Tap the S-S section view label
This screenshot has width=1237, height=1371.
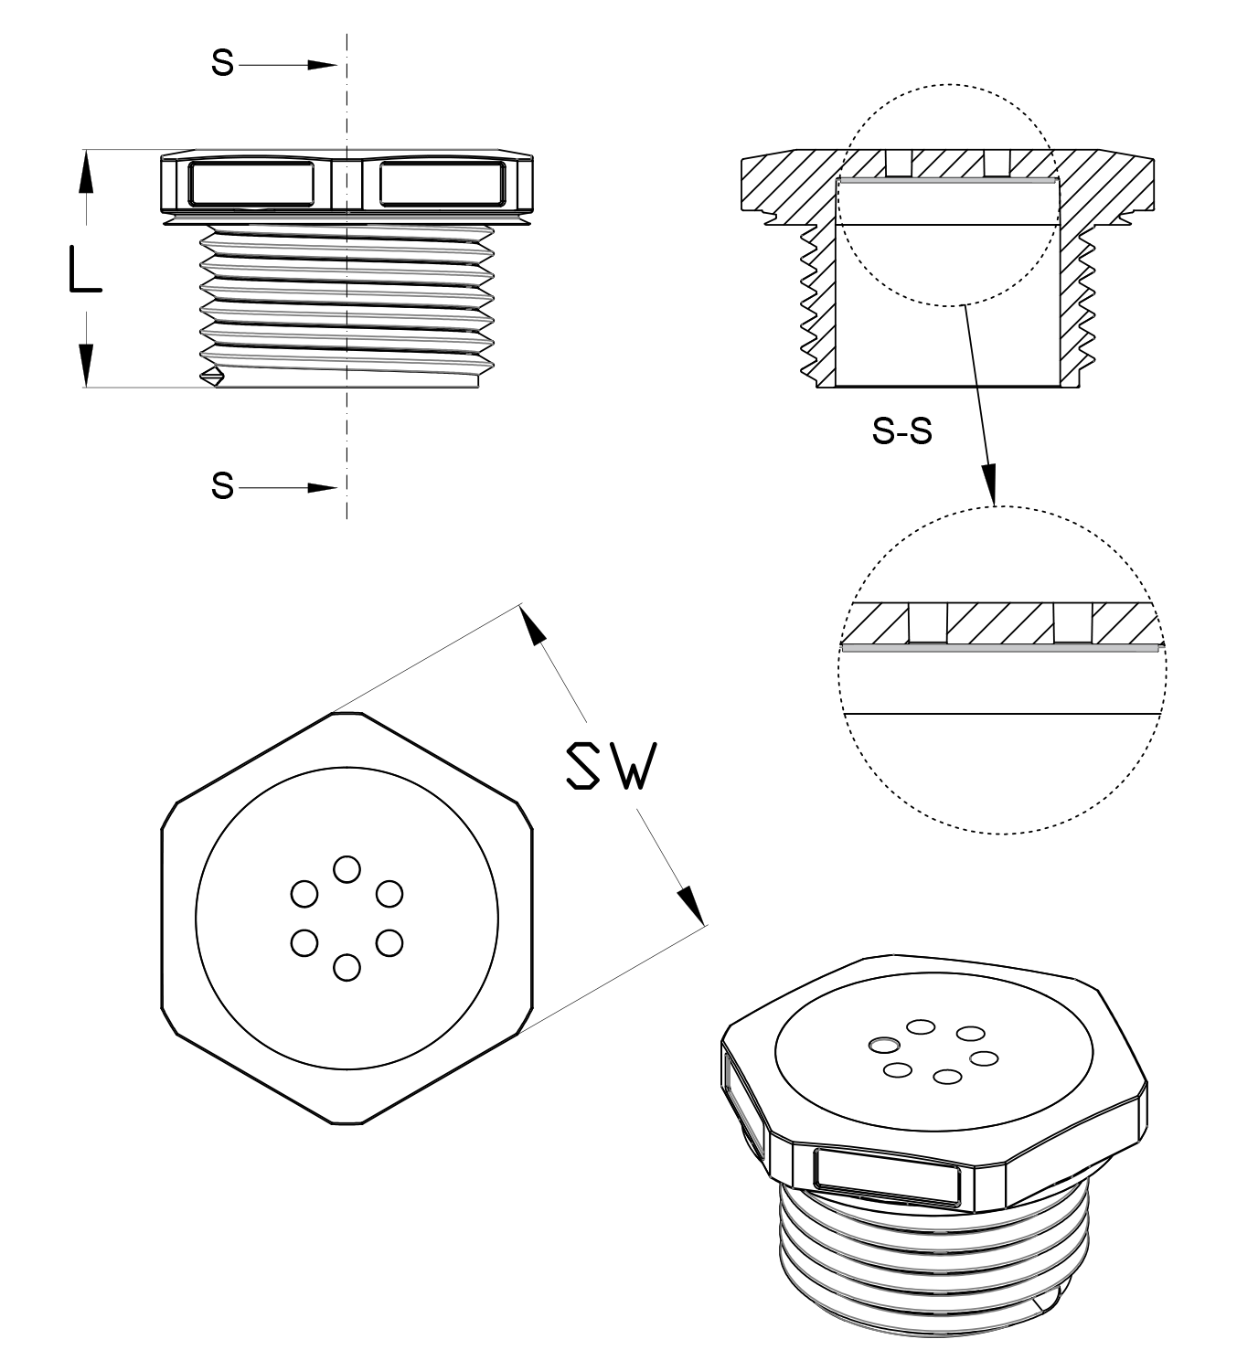(902, 431)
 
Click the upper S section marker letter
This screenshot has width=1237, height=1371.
(222, 63)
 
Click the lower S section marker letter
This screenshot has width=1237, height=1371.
(222, 485)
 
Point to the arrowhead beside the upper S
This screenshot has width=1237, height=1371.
(322, 65)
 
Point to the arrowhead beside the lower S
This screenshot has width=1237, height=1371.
(322, 488)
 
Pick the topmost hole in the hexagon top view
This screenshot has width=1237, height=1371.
(347, 869)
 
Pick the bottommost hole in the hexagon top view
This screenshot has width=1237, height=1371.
(347, 968)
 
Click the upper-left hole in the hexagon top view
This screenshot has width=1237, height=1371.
(304, 894)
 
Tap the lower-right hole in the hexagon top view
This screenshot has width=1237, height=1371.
(389, 943)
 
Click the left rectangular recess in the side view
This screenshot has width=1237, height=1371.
(251, 183)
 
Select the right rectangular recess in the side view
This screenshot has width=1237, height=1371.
(443, 183)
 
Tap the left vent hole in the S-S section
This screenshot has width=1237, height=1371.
(900, 163)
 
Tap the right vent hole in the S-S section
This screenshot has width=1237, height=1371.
(997, 163)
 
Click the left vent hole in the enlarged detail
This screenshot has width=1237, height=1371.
(928, 622)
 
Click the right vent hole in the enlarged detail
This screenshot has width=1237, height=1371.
(1072, 622)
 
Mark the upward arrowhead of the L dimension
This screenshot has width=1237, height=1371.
(85, 172)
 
